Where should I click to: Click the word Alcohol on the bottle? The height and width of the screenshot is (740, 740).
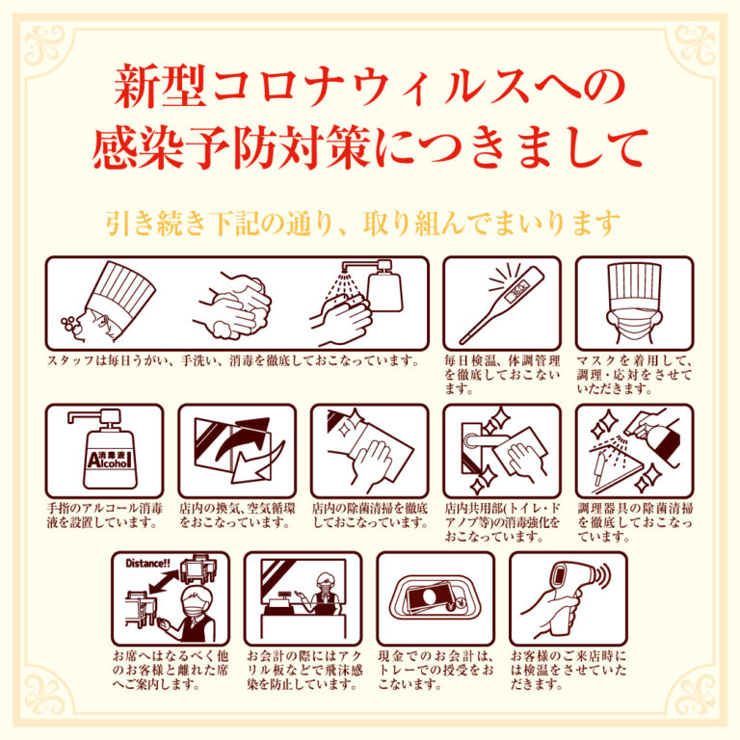tap(109, 461)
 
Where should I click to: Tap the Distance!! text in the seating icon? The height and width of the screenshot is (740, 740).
tap(147, 563)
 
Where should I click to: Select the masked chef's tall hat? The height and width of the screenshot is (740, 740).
tap(634, 285)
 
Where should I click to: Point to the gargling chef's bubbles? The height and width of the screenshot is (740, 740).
tap(69, 326)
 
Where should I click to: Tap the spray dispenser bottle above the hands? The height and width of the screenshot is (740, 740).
tap(384, 287)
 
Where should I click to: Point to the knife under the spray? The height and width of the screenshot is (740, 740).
tap(601, 467)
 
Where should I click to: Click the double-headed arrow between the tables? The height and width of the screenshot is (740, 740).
tap(164, 582)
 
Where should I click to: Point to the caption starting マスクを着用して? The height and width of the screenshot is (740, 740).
tap(634, 375)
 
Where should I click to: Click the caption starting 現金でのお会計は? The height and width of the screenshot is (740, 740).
tap(436, 671)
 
